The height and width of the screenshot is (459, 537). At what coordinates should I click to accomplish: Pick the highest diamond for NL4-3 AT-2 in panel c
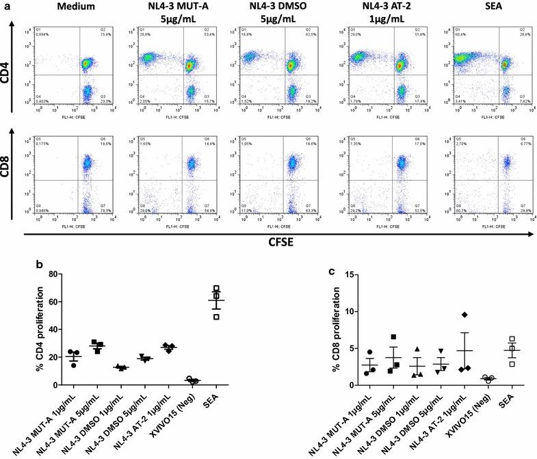click(464, 315)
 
